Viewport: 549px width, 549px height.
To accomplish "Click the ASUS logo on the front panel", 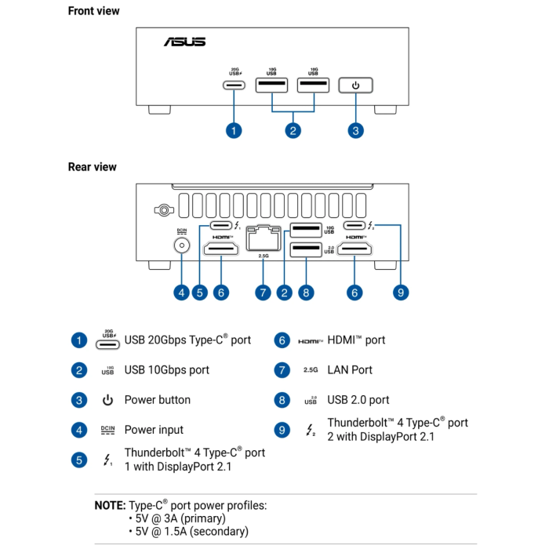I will tap(184, 42).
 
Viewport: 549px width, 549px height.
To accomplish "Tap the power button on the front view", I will tap(355, 85).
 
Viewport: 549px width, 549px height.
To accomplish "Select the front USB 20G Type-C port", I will tap(235, 85).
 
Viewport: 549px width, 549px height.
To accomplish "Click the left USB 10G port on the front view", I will tap(271, 85).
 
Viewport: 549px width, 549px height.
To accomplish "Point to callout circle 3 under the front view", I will tap(355, 130).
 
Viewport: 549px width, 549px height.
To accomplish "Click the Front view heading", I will tap(93, 11).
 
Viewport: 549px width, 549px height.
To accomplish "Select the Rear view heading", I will tap(92, 166).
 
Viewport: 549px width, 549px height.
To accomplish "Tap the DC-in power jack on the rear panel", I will tap(182, 245).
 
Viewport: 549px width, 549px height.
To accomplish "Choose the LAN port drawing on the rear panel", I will tap(263, 237).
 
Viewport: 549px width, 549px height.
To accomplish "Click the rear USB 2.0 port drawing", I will tap(306, 250).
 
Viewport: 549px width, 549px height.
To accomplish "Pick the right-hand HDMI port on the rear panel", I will tap(356, 250).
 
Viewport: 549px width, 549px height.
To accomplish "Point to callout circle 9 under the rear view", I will tap(400, 293).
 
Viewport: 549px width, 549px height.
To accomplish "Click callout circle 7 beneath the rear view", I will tap(264, 293).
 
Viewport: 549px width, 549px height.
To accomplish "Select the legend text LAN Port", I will tap(350, 369).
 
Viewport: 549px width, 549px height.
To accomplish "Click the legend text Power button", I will tap(157, 399).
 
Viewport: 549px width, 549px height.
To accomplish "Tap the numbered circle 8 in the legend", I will tap(282, 400).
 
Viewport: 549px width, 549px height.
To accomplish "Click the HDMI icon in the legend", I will tap(310, 341).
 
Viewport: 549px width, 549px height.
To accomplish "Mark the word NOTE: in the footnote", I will tap(110, 506).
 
